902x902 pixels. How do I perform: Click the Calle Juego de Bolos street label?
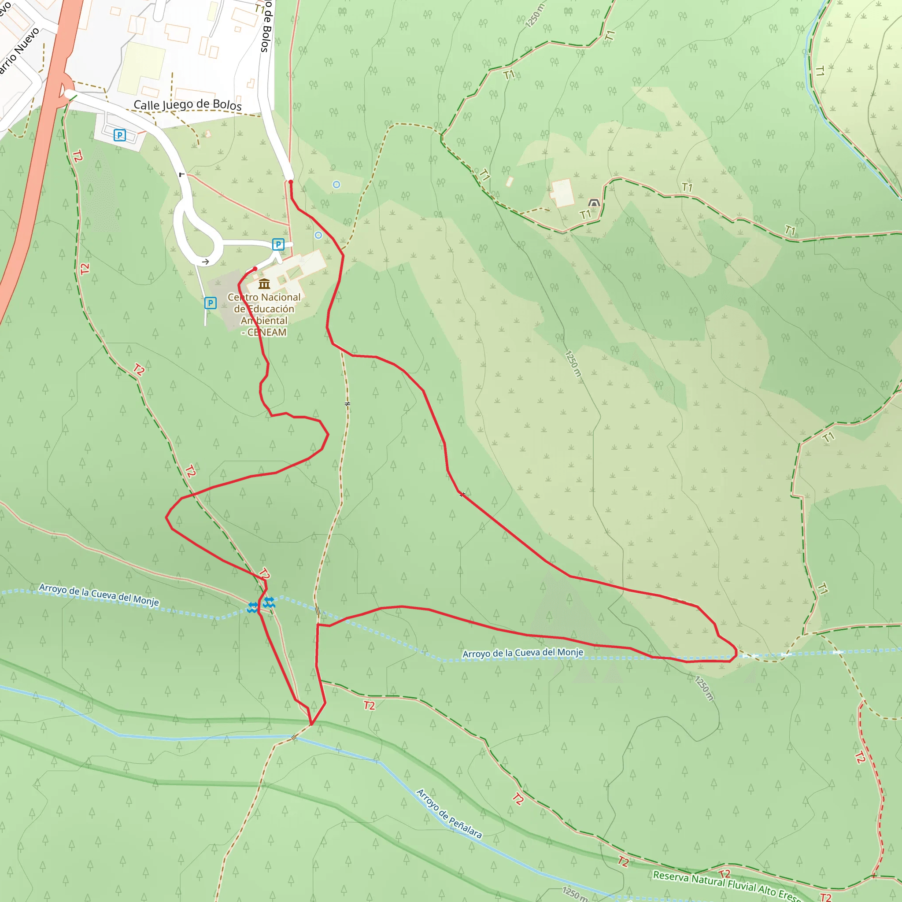pos(187,104)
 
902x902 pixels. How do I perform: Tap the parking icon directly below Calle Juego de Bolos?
pos(119,135)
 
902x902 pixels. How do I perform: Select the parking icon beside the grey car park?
pos(210,303)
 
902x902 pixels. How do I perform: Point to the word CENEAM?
pos(267,333)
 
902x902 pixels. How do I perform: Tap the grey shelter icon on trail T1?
pos(593,203)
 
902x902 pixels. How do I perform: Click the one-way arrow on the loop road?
pos(205,262)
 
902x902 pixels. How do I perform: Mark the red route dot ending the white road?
pos(290,182)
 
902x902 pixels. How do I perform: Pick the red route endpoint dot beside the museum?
pos(255,269)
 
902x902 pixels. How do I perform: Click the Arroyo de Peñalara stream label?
pos(449,813)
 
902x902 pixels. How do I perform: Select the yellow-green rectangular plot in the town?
pos(141,68)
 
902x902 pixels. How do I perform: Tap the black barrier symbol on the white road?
pos(182,174)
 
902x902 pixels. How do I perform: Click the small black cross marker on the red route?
pos(462,495)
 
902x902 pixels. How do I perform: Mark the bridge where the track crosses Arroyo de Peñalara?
pos(294,738)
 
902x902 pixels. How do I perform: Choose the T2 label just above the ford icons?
pos(264,574)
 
